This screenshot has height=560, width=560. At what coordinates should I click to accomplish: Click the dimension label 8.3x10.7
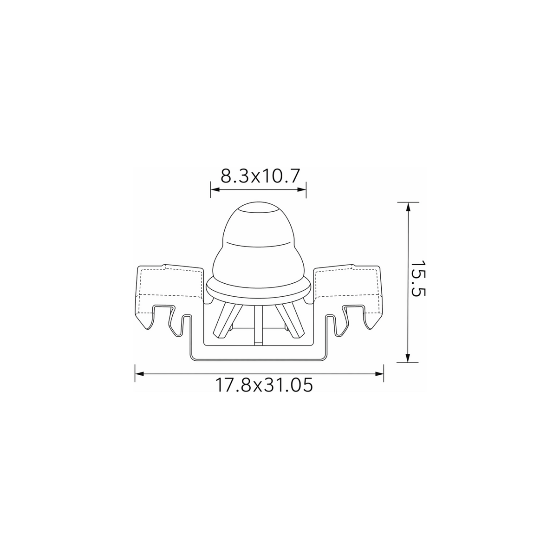click(260, 176)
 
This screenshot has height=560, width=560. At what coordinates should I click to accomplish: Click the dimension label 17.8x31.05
click(264, 385)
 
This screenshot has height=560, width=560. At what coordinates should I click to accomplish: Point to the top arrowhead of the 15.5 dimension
click(408, 207)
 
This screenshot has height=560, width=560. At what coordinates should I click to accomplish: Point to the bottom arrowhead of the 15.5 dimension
click(408, 358)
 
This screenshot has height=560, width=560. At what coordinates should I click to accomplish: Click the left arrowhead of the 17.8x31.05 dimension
click(139, 374)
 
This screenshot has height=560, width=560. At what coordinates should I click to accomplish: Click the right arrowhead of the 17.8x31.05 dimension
click(379, 374)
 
